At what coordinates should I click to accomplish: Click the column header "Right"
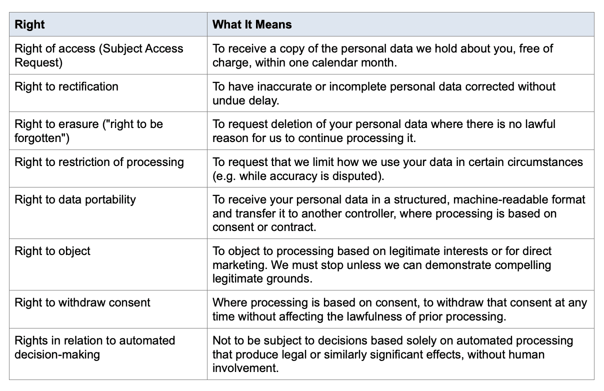29,24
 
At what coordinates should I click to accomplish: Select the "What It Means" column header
252,24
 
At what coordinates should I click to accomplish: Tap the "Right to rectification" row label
66,86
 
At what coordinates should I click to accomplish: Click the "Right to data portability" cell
75,199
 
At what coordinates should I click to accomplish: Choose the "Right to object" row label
52,251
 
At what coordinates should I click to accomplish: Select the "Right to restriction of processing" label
99,162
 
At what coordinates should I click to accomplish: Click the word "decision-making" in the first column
57,355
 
